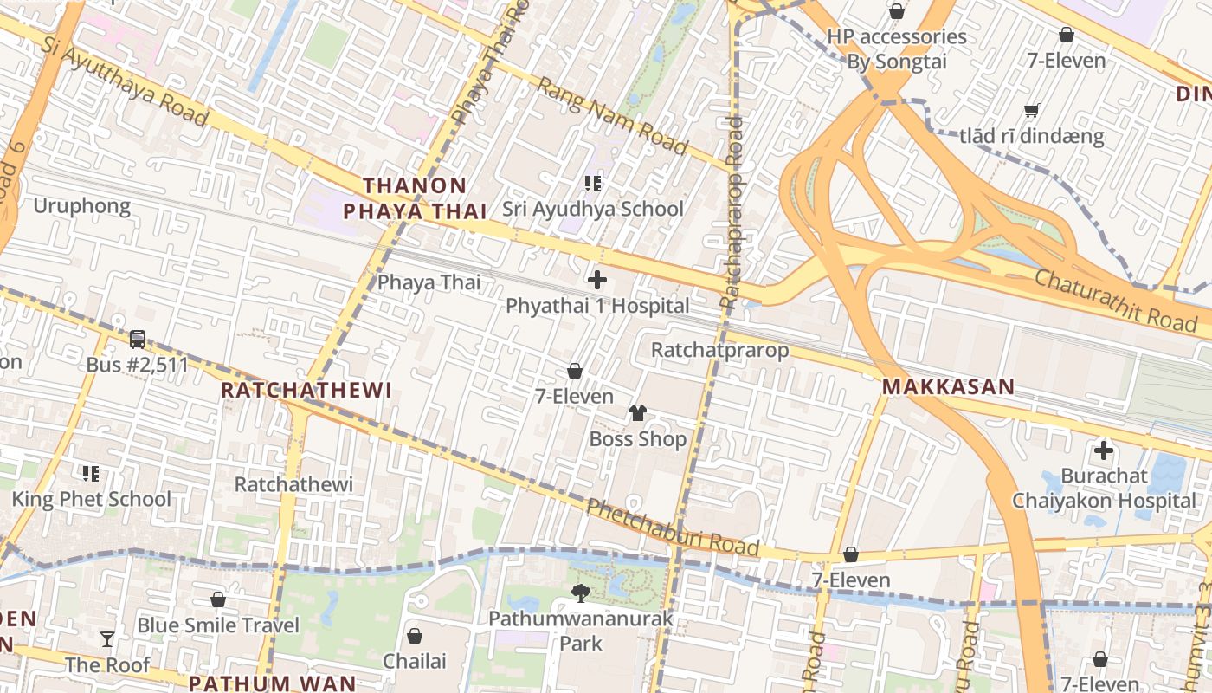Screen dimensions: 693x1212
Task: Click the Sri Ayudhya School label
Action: click(x=593, y=209)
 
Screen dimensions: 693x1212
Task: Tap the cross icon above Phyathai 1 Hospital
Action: click(x=597, y=280)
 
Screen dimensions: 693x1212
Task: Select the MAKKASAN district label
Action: click(x=948, y=387)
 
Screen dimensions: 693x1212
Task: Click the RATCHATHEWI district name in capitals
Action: click(x=306, y=390)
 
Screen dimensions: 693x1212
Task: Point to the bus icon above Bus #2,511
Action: click(x=138, y=340)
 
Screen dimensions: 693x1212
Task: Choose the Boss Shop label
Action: click(x=638, y=439)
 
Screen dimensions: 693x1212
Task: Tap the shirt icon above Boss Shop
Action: click(x=638, y=413)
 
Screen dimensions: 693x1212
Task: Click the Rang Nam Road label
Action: click(x=612, y=116)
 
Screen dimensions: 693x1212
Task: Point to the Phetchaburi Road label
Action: click(x=674, y=528)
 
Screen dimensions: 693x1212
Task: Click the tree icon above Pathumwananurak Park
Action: click(x=581, y=593)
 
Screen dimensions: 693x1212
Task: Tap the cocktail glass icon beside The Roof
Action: click(x=107, y=639)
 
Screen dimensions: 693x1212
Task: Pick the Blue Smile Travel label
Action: click(x=218, y=625)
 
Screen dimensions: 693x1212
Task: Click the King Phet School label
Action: click(x=91, y=499)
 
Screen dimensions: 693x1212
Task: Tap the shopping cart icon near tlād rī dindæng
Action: click(x=1031, y=111)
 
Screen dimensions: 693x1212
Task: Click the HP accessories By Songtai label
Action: click(x=897, y=49)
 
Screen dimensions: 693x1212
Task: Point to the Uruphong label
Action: click(x=81, y=206)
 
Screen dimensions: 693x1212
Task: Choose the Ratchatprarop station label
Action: click(x=719, y=350)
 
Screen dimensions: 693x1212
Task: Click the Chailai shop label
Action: click(x=415, y=661)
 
